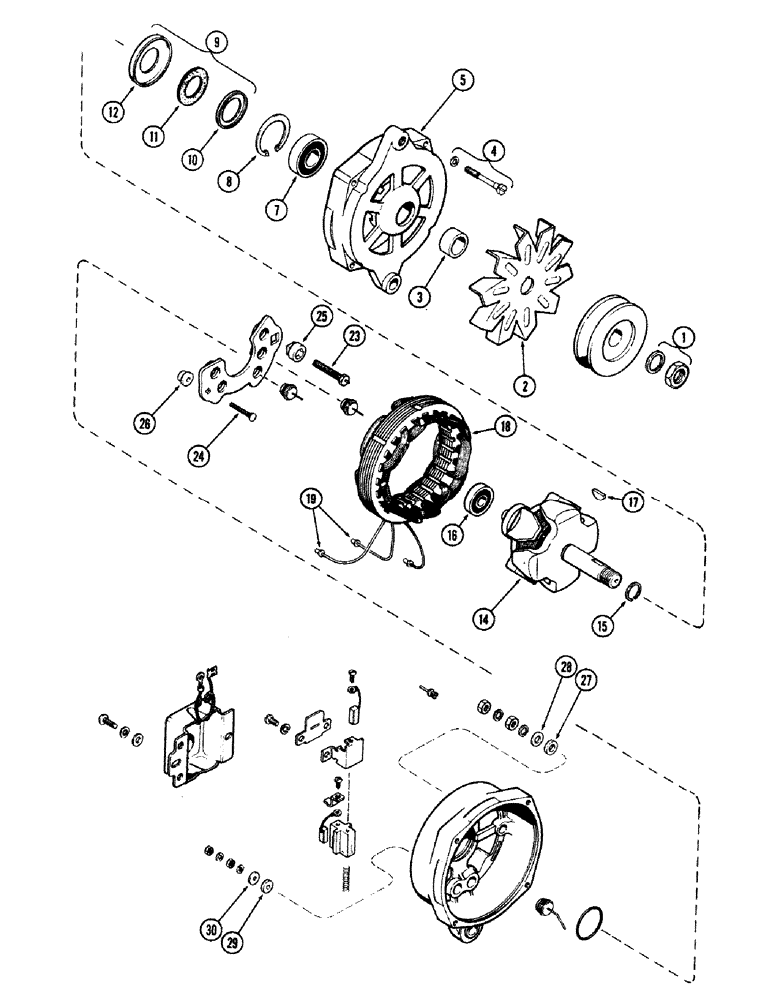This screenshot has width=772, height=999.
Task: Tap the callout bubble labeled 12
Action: (x=113, y=113)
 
